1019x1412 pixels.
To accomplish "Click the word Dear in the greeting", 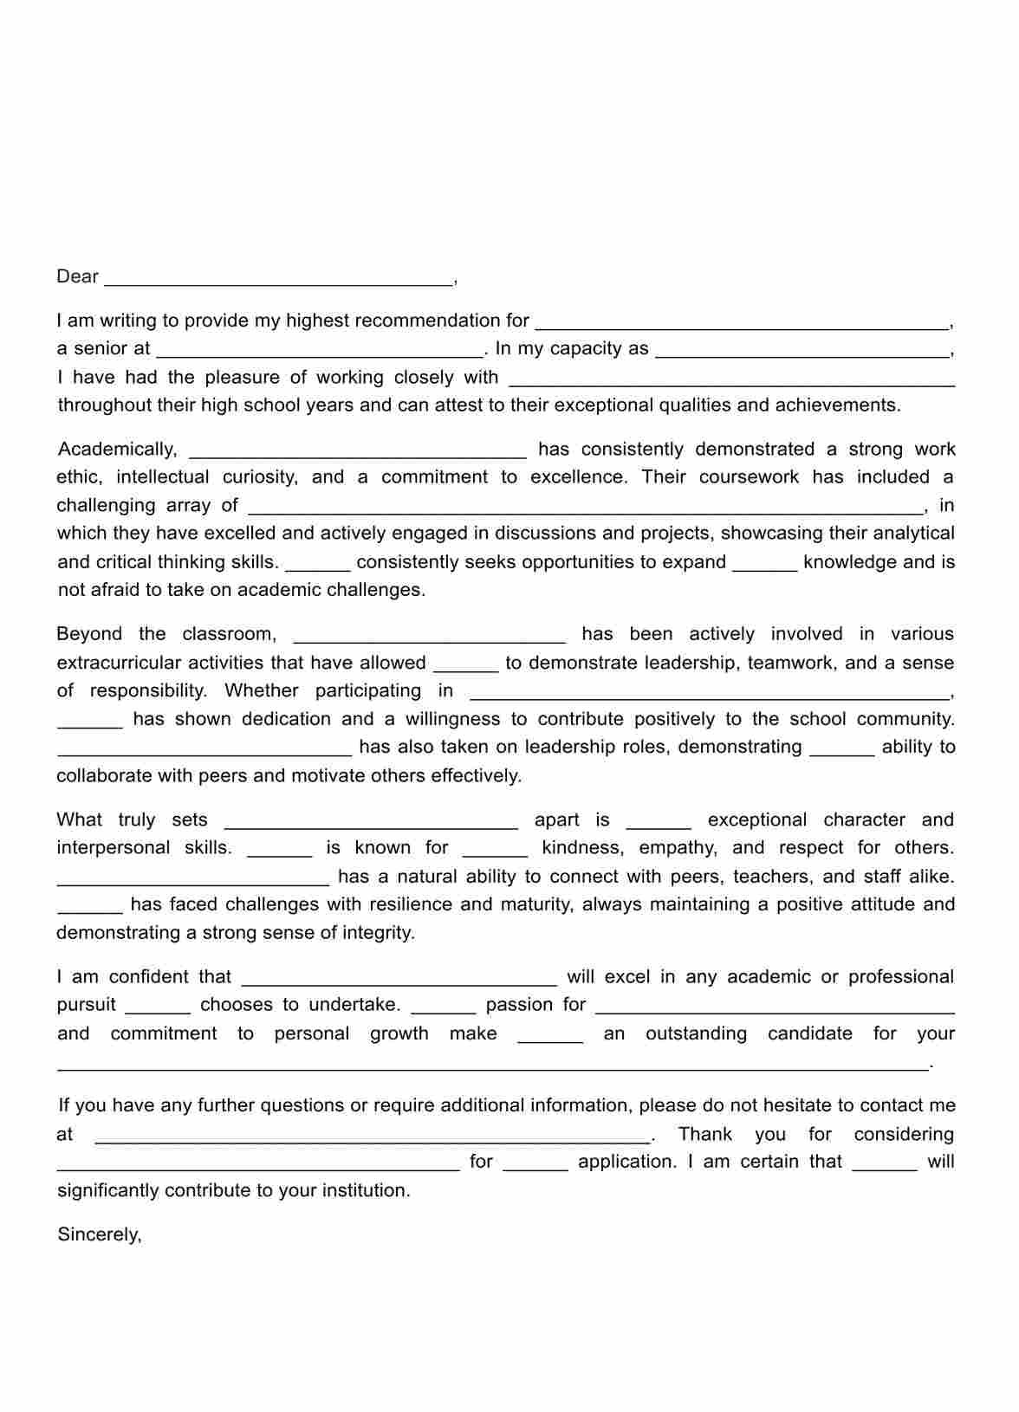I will click(x=77, y=276).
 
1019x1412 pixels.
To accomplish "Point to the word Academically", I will click(x=117, y=449).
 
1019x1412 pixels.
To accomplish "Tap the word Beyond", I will click(x=88, y=633).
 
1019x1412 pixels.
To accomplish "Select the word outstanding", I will click(x=696, y=1033).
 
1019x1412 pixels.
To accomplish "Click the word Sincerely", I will click(x=99, y=1234).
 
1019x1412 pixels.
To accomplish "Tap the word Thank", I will click(x=704, y=1134).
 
